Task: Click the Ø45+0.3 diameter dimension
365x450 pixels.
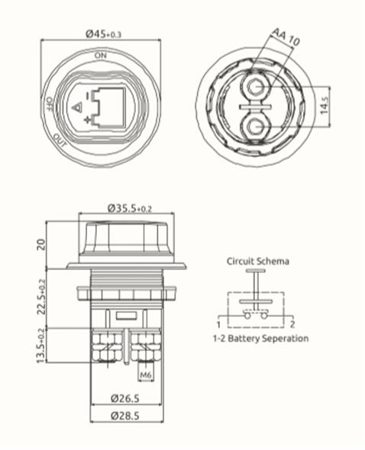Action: point(101,34)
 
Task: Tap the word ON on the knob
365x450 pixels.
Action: point(101,56)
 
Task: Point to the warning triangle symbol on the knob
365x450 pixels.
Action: point(76,108)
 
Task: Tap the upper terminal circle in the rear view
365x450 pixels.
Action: point(254,88)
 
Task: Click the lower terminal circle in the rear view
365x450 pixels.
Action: point(254,125)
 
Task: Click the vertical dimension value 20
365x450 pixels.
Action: point(41,244)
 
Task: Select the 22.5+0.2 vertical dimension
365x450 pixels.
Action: point(41,298)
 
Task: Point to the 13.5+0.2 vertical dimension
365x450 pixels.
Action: point(41,346)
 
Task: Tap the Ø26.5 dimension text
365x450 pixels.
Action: point(125,397)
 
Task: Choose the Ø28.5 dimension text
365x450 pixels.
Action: point(125,416)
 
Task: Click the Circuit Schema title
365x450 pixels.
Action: point(257,261)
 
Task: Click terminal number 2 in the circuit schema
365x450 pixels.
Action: point(292,324)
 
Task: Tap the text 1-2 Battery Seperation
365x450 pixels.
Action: point(260,338)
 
